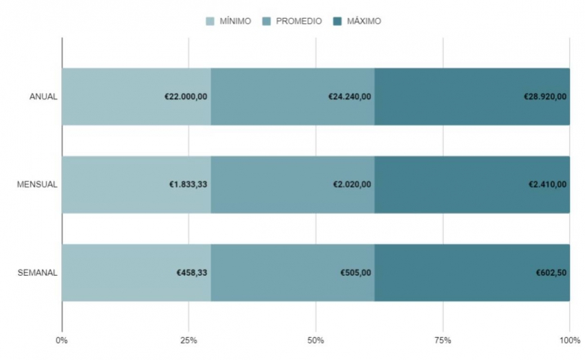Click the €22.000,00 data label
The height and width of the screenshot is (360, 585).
click(x=186, y=96)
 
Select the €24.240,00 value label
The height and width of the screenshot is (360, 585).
click(x=349, y=96)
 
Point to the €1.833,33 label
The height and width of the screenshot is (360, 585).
click(x=189, y=184)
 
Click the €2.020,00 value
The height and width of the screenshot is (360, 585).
click(x=352, y=184)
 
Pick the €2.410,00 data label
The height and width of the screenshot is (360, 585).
click(x=549, y=184)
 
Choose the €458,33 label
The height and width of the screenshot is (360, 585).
click(x=192, y=273)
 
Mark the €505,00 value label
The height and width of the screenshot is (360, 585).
click(x=356, y=273)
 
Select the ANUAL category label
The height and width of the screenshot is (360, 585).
click(x=43, y=96)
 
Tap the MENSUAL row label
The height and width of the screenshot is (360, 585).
click(x=37, y=184)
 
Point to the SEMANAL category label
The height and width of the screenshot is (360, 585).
click(x=37, y=273)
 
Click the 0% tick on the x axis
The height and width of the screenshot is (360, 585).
click(x=62, y=339)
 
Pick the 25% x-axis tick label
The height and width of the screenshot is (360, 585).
click(x=189, y=339)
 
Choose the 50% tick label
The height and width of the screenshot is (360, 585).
click(x=316, y=339)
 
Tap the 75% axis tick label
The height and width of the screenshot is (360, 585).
click(x=442, y=339)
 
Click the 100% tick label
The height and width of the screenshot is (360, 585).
click(x=569, y=339)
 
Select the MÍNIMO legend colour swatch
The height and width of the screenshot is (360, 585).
click(x=210, y=22)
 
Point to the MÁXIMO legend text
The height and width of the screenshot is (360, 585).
click(x=364, y=22)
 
